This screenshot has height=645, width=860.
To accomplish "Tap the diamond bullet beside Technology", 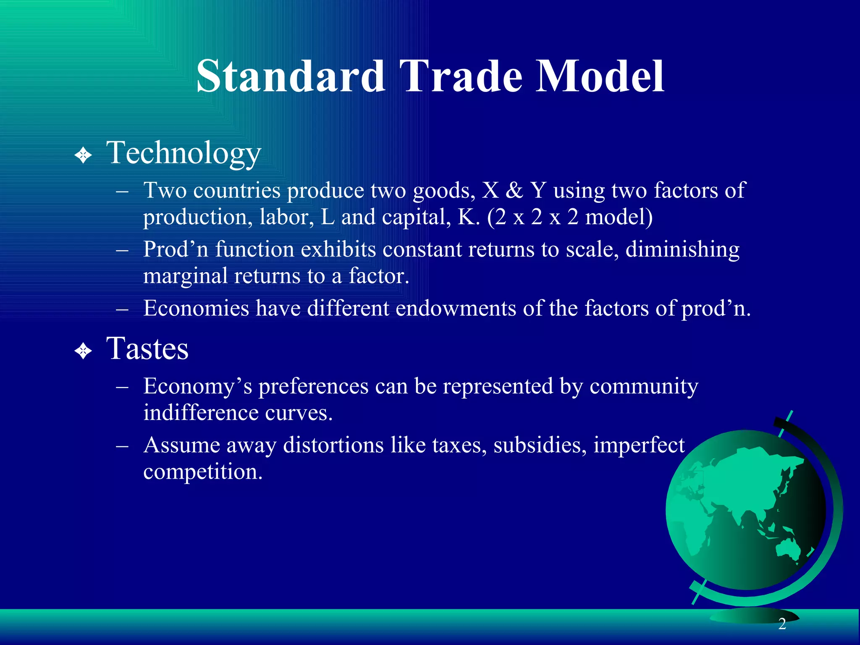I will tap(83, 155).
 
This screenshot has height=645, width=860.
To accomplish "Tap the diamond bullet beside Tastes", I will tap(83, 351).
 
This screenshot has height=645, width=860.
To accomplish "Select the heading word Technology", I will tap(184, 153).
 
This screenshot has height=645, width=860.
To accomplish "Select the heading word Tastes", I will tap(147, 349).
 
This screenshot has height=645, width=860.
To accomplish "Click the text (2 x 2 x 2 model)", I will tap(569, 217).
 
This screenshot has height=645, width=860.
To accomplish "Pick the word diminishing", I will tap(682, 249).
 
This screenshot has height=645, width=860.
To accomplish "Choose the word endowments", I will tap(456, 309).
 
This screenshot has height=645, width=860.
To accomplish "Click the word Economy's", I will tap(197, 386).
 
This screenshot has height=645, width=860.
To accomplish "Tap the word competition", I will tap(202, 472).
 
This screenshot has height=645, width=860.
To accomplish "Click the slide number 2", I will tap(782, 624).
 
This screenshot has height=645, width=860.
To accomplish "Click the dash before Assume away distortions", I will tap(122, 446).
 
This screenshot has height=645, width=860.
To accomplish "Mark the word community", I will tap(644, 386).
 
